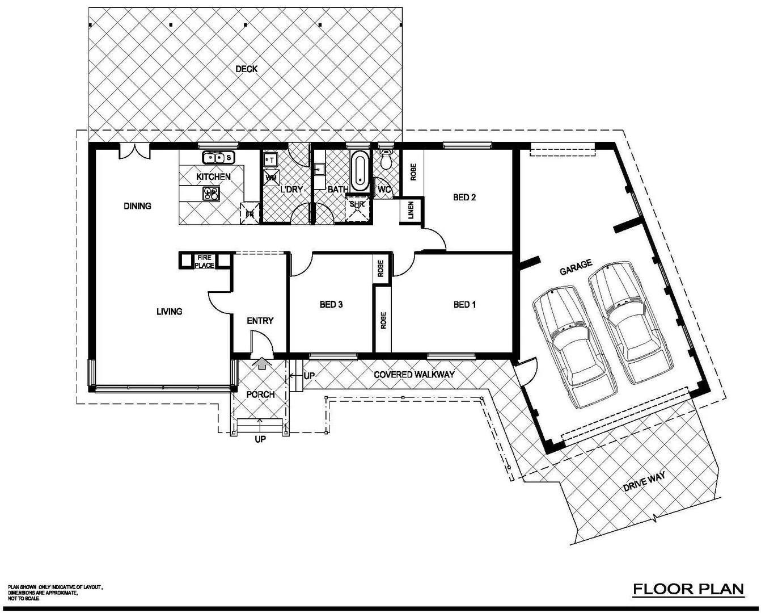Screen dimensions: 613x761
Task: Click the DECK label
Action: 246,69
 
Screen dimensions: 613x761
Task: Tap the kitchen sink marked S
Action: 215,157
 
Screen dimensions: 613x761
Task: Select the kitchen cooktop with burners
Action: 211,194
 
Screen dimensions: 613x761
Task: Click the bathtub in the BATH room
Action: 359,172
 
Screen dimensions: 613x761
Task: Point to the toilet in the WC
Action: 386,160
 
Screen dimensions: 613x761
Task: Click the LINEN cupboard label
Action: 411,211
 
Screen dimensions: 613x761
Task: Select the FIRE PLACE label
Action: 204,261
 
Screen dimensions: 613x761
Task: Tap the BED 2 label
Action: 464,198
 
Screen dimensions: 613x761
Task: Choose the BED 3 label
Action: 331,305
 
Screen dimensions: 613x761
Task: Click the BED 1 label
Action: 464,305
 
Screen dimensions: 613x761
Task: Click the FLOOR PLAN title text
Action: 688,589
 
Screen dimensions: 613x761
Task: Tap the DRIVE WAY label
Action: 644,482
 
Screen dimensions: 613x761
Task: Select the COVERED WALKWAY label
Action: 414,375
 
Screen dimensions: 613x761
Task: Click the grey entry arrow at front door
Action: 261,363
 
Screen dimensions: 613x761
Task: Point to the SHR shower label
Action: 357,204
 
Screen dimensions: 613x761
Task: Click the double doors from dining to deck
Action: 134,152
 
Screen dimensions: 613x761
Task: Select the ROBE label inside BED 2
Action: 413,172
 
